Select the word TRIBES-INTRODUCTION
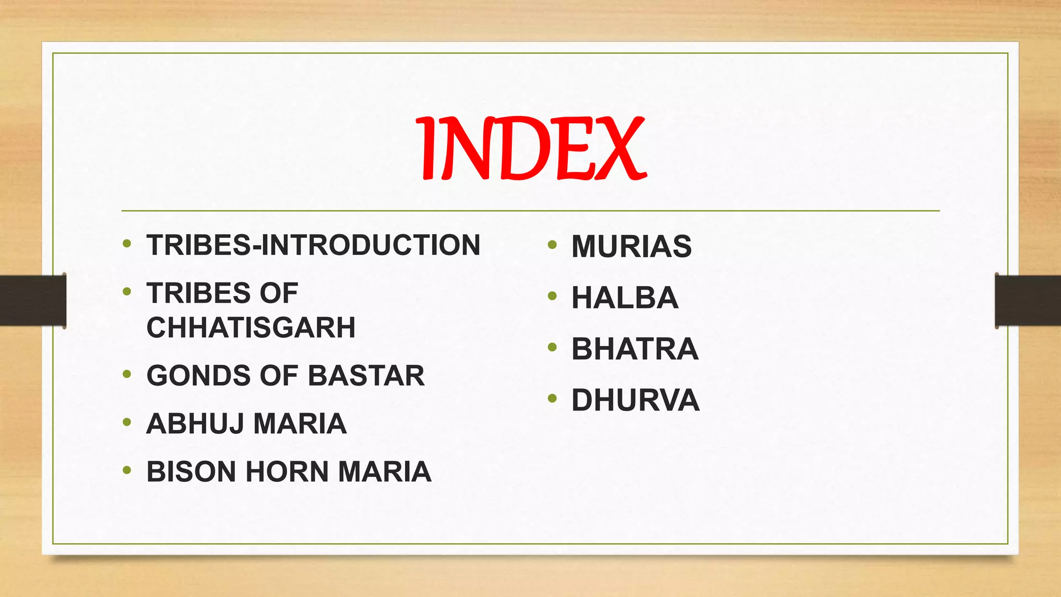313,245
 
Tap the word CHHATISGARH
251,328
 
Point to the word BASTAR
366,375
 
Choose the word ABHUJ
195,423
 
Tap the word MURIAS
632,246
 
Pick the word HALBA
625,297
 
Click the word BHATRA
635,349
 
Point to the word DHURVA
636,400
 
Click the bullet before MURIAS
552,244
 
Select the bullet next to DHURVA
552,399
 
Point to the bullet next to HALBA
552,296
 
